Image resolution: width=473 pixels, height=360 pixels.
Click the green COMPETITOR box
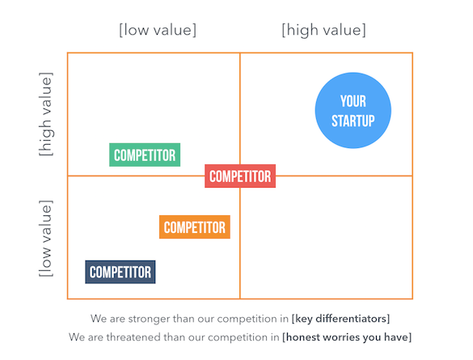coord(145,155)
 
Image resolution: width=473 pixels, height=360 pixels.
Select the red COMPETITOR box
coord(240,176)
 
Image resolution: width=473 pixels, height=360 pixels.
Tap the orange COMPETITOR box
coord(195,227)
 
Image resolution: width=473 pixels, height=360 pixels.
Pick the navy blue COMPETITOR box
coord(120,272)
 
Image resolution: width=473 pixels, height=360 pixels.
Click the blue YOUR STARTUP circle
coord(353,111)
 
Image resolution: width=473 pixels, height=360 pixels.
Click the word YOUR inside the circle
coord(353,101)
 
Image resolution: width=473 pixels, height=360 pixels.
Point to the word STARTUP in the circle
coord(353,121)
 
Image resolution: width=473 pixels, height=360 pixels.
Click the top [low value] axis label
coord(158,30)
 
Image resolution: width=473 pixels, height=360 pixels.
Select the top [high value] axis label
coord(324,30)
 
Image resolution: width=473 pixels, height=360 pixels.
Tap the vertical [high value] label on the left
coord(46,114)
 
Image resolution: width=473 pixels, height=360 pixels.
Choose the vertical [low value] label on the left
coord(46,238)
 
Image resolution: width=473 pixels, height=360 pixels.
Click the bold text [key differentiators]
coord(340,319)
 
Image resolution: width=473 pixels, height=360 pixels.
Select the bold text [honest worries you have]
coord(347,337)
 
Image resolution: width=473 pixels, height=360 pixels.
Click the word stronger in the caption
coord(141,319)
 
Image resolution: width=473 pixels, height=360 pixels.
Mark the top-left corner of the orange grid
coord(68,53)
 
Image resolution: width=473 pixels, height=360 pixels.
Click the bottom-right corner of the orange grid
coord(412,299)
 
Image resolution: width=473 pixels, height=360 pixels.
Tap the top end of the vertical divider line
coord(240,53)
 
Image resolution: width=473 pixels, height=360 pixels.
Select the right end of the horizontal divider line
coord(412,176)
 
